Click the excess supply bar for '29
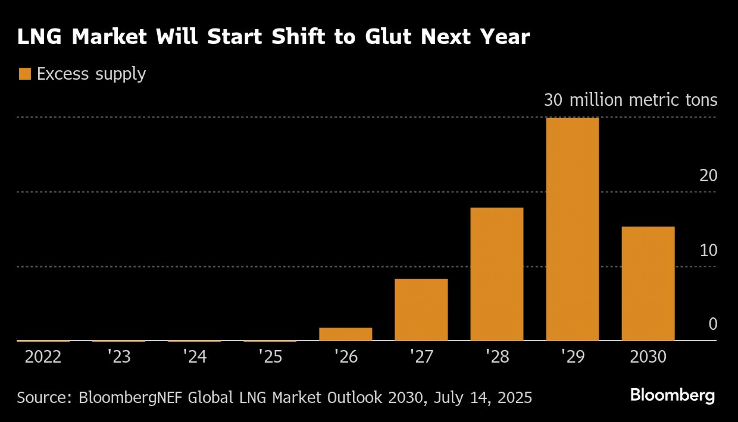572,229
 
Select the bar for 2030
648,283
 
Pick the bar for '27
421,310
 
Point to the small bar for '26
345,334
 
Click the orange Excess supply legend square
25,74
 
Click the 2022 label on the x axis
43,357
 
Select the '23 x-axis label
119,357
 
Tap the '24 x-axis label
194,357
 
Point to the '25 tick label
270,357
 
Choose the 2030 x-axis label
648,357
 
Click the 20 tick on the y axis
708,176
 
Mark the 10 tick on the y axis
708,251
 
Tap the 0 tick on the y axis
713,324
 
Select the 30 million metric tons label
630,100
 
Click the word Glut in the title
388,37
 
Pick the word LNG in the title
39,37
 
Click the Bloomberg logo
672,395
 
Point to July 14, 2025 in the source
483,398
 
